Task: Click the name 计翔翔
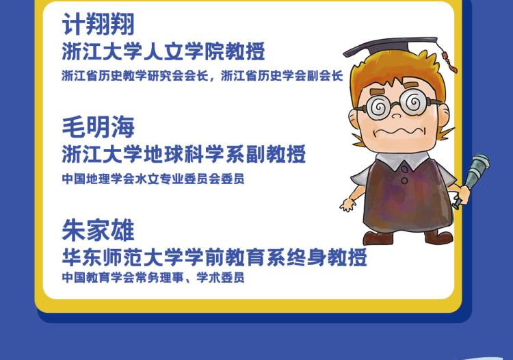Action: [98, 24]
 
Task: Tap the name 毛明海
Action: [98, 127]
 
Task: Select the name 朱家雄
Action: [98, 231]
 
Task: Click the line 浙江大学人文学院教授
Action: [163, 51]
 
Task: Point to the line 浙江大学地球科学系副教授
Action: [184, 154]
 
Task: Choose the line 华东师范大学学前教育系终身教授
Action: [214, 257]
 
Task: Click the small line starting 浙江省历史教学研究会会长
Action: [202, 75]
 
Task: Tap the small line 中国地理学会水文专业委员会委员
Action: [153, 179]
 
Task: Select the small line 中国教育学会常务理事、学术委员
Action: [153, 277]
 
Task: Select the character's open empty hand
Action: [347, 204]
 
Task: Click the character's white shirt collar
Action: [402, 160]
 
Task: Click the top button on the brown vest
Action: [405, 170]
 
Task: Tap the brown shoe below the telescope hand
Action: [439, 236]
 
